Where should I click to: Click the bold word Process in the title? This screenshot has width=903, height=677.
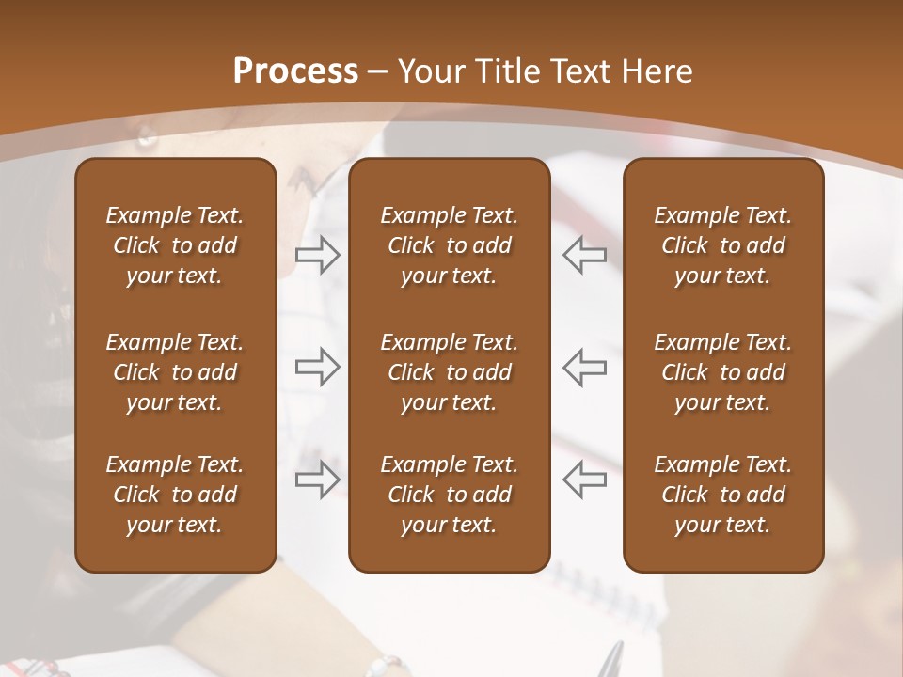(x=295, y=71)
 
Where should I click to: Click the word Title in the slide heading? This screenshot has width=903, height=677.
(x=501, y=71)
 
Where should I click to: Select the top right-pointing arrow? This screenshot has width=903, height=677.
(x=317, y=255)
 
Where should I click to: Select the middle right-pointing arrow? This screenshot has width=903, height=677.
(x=317, y=367)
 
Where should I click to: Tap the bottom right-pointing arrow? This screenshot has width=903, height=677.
(x=317, y=480)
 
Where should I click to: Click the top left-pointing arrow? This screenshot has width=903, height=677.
(x=585, y=255)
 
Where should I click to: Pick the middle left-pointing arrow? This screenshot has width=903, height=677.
(x=585, y=367)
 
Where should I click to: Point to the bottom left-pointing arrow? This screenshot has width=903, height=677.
(x=585, y=480)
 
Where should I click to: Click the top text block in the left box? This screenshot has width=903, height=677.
(x=175, y=245)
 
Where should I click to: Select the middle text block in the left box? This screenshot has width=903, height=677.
(x=175, y=372)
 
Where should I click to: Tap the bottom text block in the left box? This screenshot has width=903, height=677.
(x=175, y=495)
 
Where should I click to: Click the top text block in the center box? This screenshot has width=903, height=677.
(x=449, y=245)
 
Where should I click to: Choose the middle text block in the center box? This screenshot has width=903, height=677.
(x=449, y=372)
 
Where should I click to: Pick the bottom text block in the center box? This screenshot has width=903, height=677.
(x=449, y=495)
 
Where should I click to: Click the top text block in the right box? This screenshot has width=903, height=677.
(x=722, y=245)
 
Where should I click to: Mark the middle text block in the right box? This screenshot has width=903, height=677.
(x=722, y=372)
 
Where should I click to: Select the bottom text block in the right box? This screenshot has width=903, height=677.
(x=722, y=495)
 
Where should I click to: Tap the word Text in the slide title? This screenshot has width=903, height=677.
(x=580, y=71)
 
